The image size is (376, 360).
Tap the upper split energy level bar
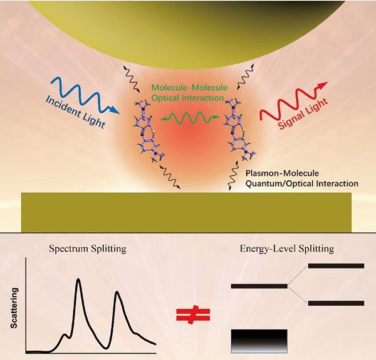pos(336,266)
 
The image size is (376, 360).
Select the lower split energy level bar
pos(336,304)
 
